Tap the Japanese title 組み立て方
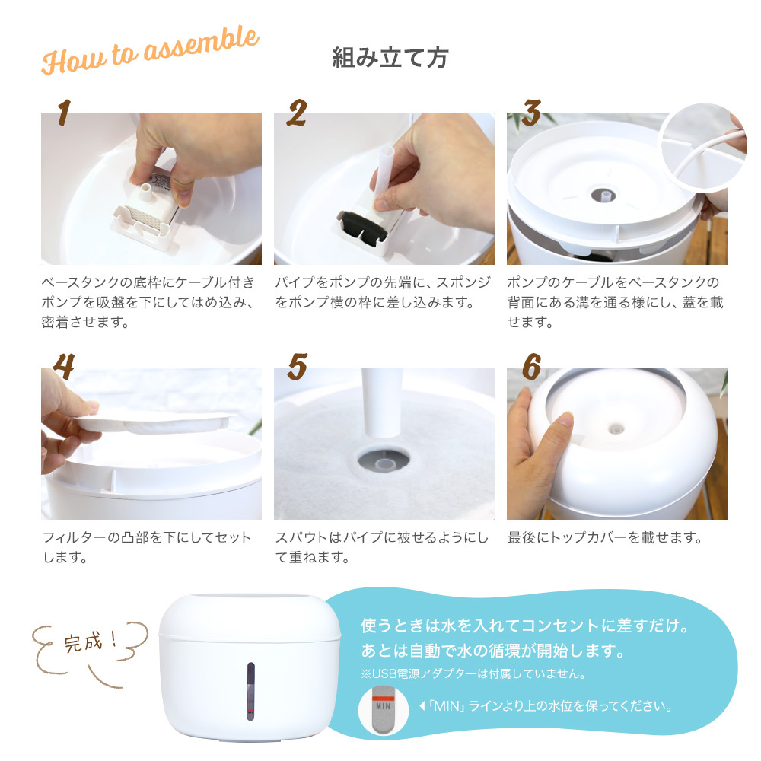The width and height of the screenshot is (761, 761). coord(390,58)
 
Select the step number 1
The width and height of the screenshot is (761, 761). coord(64,113)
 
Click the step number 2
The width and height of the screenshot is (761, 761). coord(297,113)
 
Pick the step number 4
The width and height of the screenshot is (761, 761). coord(64,366)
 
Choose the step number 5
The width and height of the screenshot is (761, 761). coord(297,367)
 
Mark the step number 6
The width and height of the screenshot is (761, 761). coord(531,367)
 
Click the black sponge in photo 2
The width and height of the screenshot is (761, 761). coord(362,226)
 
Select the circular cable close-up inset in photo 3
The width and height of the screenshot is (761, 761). coord(703,147)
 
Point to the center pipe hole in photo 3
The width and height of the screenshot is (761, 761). coord(603,195)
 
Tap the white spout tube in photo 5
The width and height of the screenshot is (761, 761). coord(382,403)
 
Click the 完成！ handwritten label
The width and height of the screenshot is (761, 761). coord(91,642)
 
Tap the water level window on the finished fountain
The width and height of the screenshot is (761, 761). coord(250,691)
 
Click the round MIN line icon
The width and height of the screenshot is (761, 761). coord(384,709)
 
